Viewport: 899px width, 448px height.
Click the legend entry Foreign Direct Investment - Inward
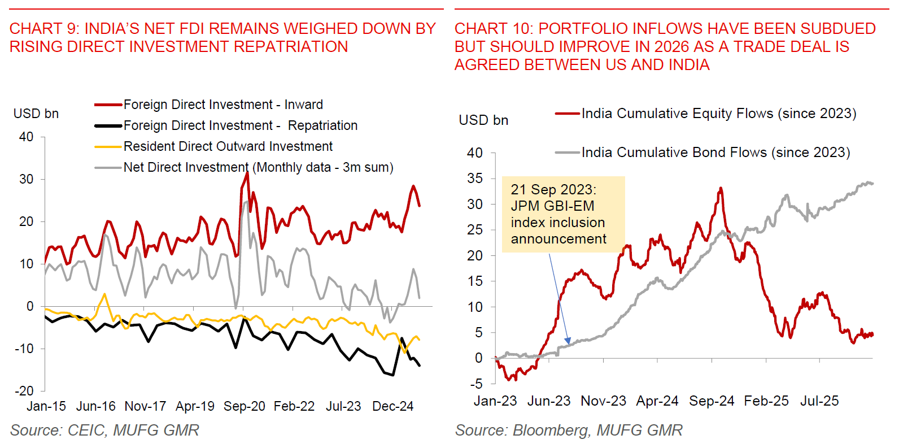click(223, 105)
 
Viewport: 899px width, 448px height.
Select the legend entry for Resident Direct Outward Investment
click(228, 146)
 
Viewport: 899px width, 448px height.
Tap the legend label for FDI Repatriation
click(240, 125)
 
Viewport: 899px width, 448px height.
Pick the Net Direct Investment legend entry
click(258, 167)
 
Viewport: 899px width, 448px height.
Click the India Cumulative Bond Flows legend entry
click(715, 153)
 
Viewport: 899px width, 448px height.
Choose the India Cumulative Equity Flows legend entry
click(718, 114)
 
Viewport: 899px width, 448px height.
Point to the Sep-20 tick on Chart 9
click(244, 406)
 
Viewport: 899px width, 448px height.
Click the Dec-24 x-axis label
click(392, 406)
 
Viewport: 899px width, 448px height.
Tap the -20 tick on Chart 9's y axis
click(24, 391)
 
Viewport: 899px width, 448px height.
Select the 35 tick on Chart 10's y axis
click(475, 179)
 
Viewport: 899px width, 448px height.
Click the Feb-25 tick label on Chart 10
click(766, 401)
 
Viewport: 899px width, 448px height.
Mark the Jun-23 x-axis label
click(549, 401)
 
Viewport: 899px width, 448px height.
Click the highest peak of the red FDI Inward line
click(247, 173)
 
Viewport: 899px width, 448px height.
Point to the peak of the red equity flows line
click(721, 188)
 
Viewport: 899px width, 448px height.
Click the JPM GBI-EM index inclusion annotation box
click(563, 214)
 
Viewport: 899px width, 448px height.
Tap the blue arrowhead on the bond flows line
click(568, 341)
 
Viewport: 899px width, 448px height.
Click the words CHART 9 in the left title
click(43, 29)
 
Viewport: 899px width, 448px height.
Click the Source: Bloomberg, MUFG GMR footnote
click(569, 430)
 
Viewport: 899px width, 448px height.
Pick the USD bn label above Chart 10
click(483, 120)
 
